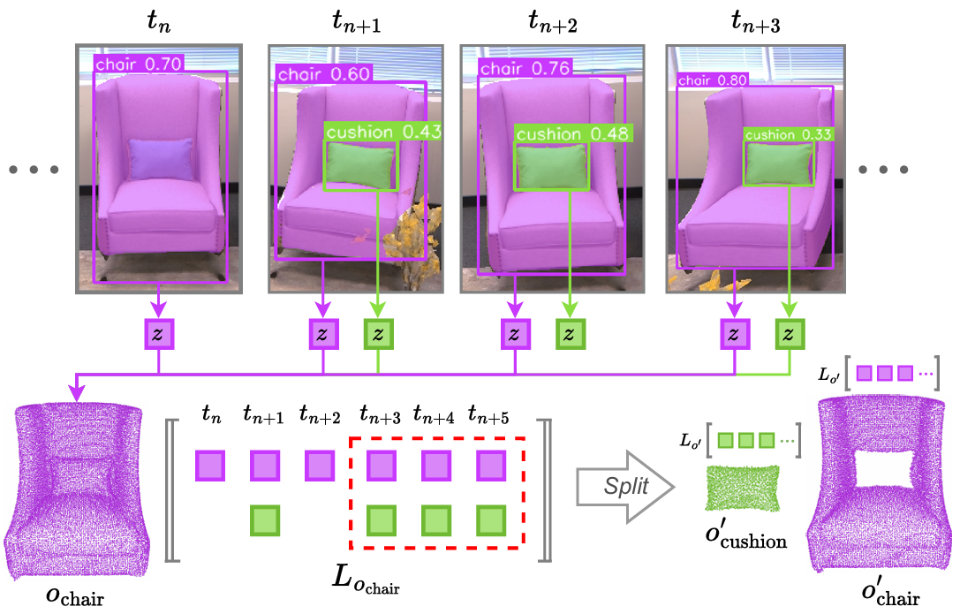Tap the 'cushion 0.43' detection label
point(382,132)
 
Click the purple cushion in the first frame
point(161,160)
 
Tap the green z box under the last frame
point(790,334)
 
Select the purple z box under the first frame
point(159,334)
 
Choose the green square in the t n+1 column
point(265,520)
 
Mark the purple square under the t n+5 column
point(491,466)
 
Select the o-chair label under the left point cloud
point(74,596)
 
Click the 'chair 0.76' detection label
point(525,68)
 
